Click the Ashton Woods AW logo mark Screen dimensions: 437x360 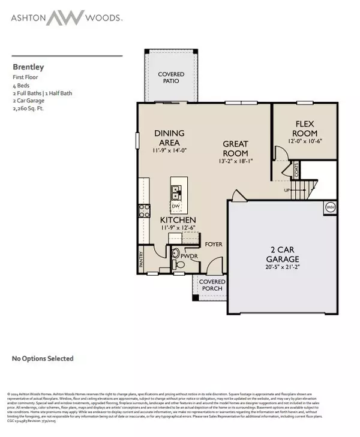[66, 17]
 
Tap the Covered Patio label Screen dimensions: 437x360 [171, 78]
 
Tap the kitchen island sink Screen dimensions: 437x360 [177, 192]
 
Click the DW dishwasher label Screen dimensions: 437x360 [176, 207]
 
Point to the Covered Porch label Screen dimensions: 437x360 [212, 285]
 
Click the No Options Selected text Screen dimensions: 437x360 [43, 358]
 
